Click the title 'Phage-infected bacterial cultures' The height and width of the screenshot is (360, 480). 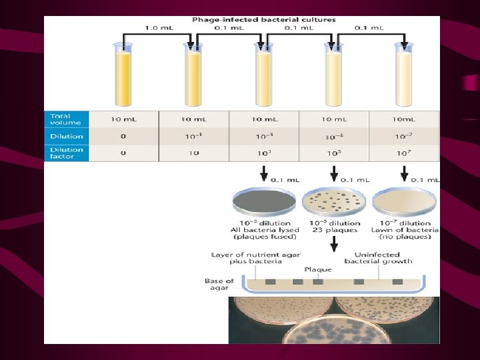(264, 20)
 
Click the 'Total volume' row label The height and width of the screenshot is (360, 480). (65, 119)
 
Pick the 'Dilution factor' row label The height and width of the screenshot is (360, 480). (67, 153)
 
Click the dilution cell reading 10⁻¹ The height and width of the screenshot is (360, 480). (193, 136)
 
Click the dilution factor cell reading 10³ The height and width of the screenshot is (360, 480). (264, 153)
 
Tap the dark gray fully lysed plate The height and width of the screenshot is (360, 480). (264, 201)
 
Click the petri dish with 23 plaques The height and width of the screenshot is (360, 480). (334, 201)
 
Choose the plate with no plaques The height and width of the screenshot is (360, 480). (404, 201)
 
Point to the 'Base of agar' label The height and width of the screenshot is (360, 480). (219, 284)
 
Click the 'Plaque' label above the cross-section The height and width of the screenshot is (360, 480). (318, 270)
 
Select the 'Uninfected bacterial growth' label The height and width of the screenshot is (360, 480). (378, 258)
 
